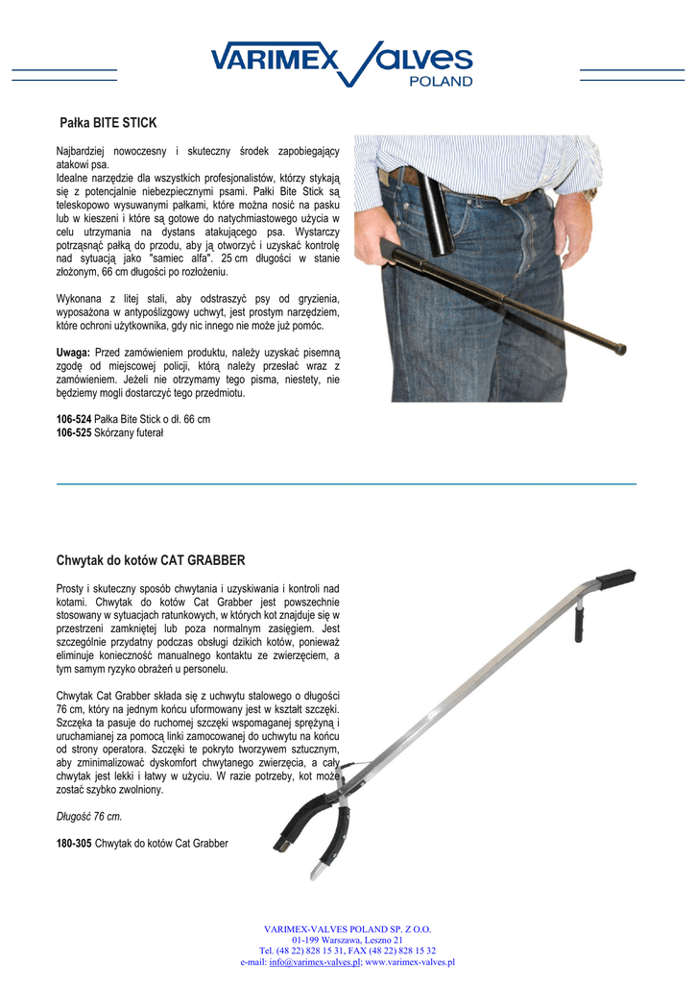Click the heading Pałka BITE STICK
108,123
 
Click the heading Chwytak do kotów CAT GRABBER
151,559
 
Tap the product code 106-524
74,420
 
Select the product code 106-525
74,433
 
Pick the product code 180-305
74,843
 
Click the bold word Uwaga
73,353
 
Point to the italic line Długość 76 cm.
89,816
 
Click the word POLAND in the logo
442,82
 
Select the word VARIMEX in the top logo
275,61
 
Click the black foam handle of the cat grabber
614,579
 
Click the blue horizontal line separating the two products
347,484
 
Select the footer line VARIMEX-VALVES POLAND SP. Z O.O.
348,929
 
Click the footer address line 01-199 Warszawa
348,940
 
